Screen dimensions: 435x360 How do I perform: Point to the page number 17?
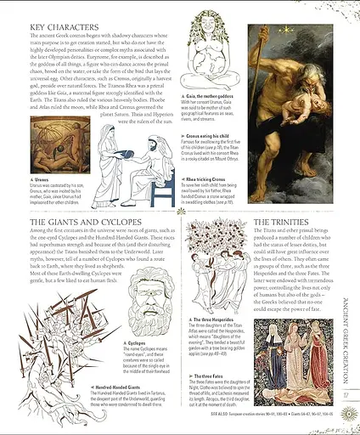click(x=346, y=394)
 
